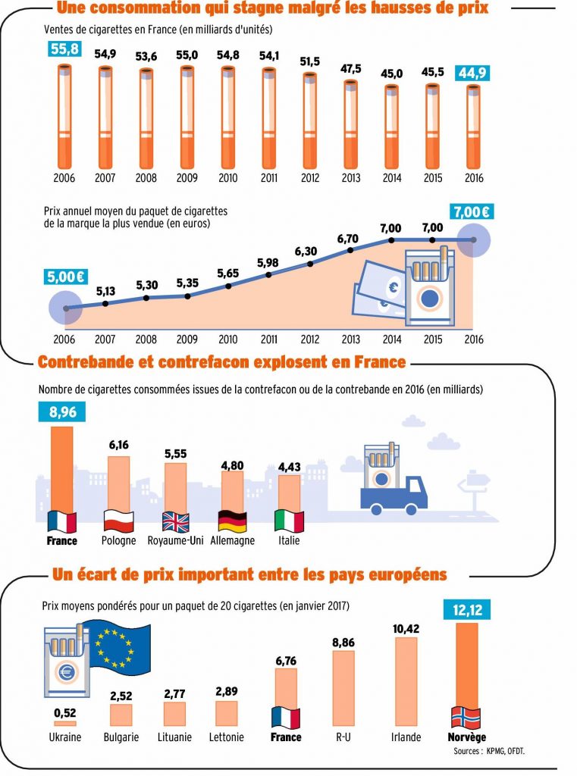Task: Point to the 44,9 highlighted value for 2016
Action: click(x=473, y=73)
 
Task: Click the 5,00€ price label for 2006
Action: click(x=64, y=277)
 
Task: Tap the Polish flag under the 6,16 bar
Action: click(x=118, y=521)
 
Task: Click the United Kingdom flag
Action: click(x=176, y=521)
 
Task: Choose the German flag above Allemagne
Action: click(x=233, y=521)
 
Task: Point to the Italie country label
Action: click(x=289, y=541)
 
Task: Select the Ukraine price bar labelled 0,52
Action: click(x=64, y=723)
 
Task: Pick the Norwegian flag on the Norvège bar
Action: click(x=466, y=716)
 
